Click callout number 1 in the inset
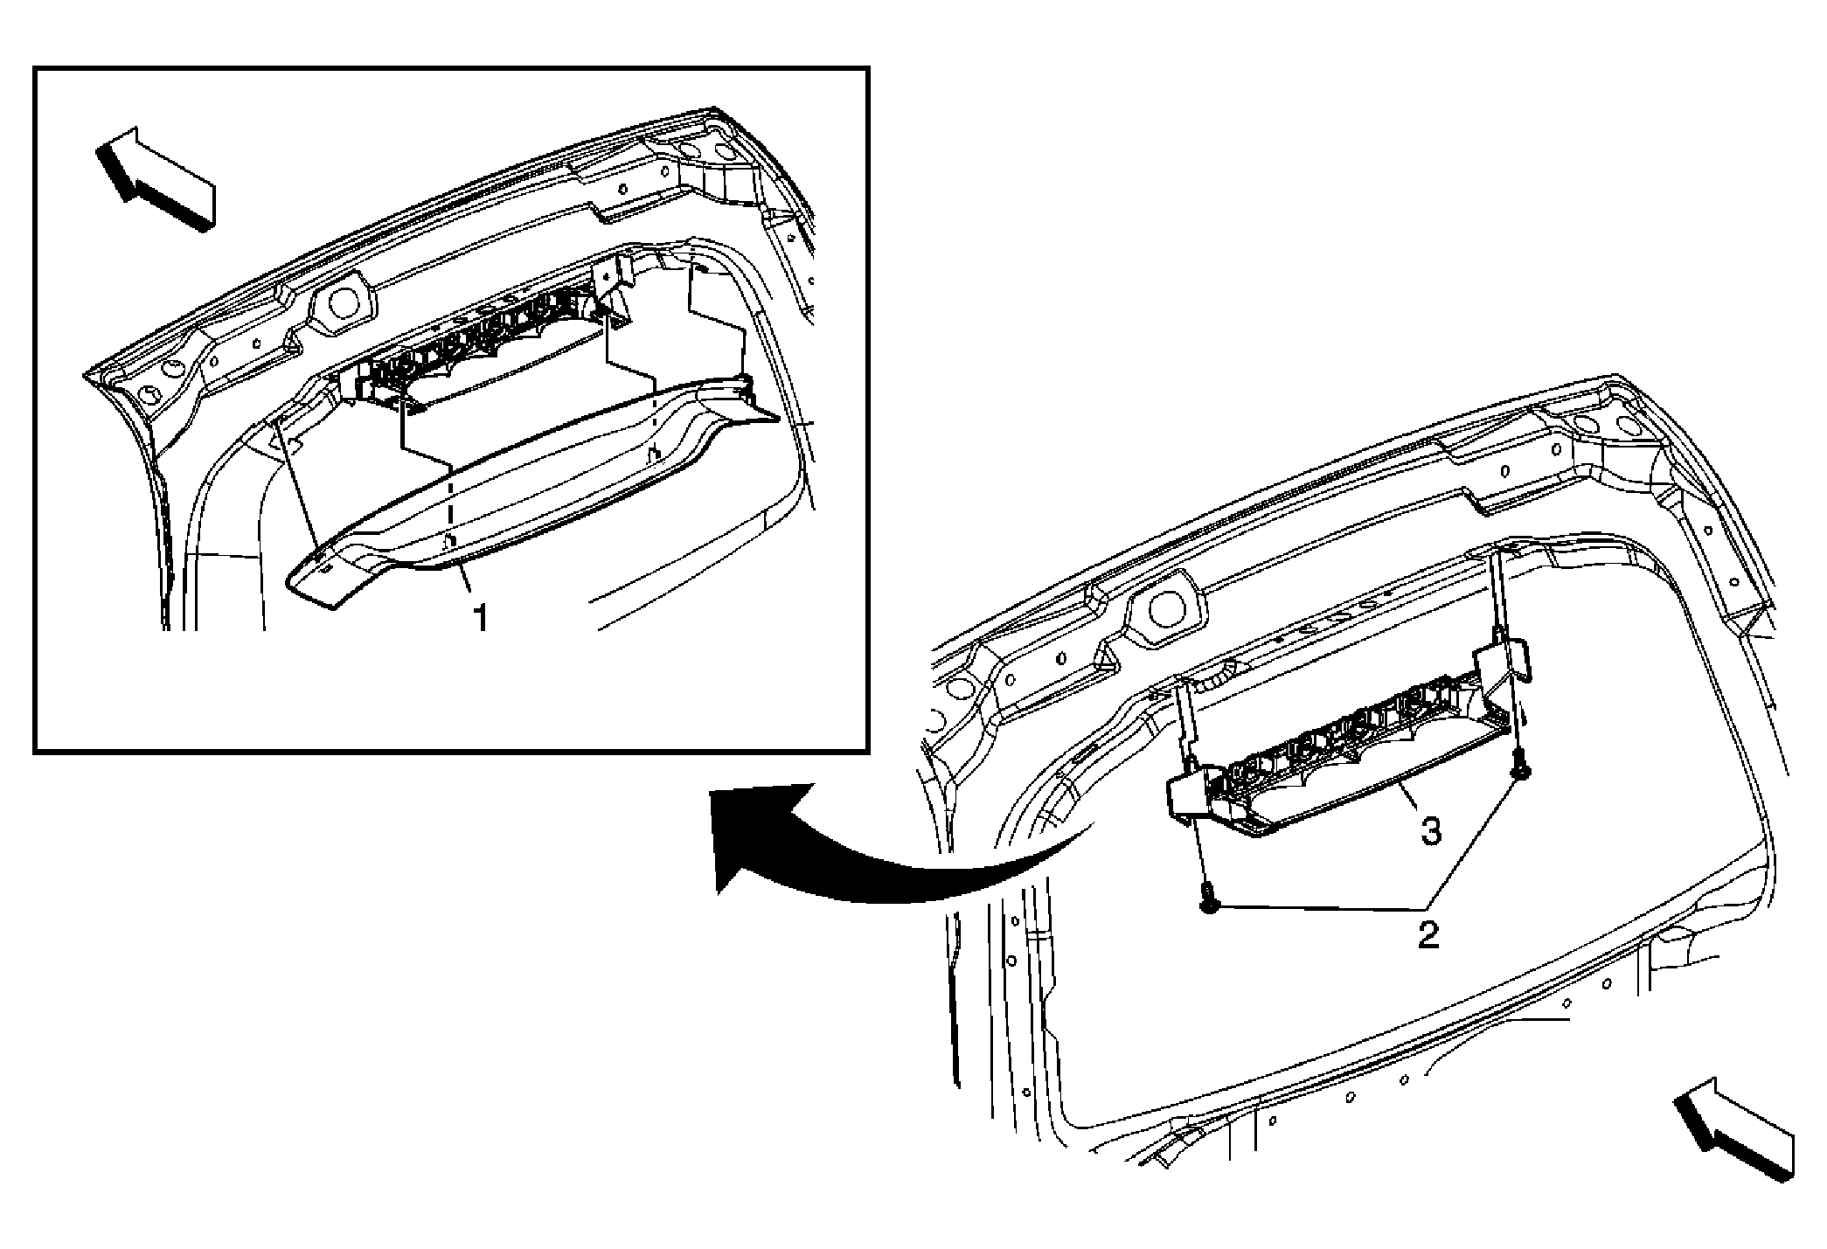[480, 618]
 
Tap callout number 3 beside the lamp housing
[1430, 831]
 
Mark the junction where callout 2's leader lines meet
[1427, 909]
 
